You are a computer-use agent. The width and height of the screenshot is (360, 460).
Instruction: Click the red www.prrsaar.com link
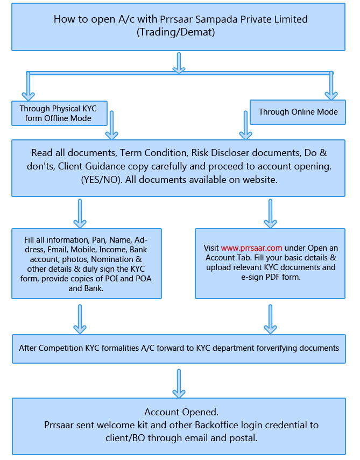[x=251, y=248]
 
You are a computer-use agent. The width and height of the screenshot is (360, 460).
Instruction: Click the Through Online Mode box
[x=298, y=112]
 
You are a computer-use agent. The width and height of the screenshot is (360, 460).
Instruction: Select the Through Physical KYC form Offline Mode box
[x=59, y=113]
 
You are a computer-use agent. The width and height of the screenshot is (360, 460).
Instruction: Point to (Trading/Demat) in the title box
[x=176, y=32]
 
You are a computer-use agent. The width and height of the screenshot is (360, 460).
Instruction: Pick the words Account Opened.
[x=181, y=412]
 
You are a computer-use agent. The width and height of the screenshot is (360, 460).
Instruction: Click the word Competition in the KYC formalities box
[x=61, y=348]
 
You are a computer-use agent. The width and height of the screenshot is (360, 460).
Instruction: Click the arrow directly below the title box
[x=179, y=63]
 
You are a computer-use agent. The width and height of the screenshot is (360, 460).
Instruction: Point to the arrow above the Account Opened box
[x=179, y=384]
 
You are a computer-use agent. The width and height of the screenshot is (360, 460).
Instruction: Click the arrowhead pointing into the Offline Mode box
[x=28, y=96]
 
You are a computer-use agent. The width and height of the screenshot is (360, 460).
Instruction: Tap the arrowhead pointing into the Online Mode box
[x=331, y=96]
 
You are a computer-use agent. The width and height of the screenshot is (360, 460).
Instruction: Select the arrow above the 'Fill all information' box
[x=80, y=214]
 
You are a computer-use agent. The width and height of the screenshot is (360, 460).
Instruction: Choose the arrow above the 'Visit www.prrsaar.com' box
[x=270, y=214]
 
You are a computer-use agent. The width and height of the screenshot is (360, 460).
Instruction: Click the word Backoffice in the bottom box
[x=216, y=425]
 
